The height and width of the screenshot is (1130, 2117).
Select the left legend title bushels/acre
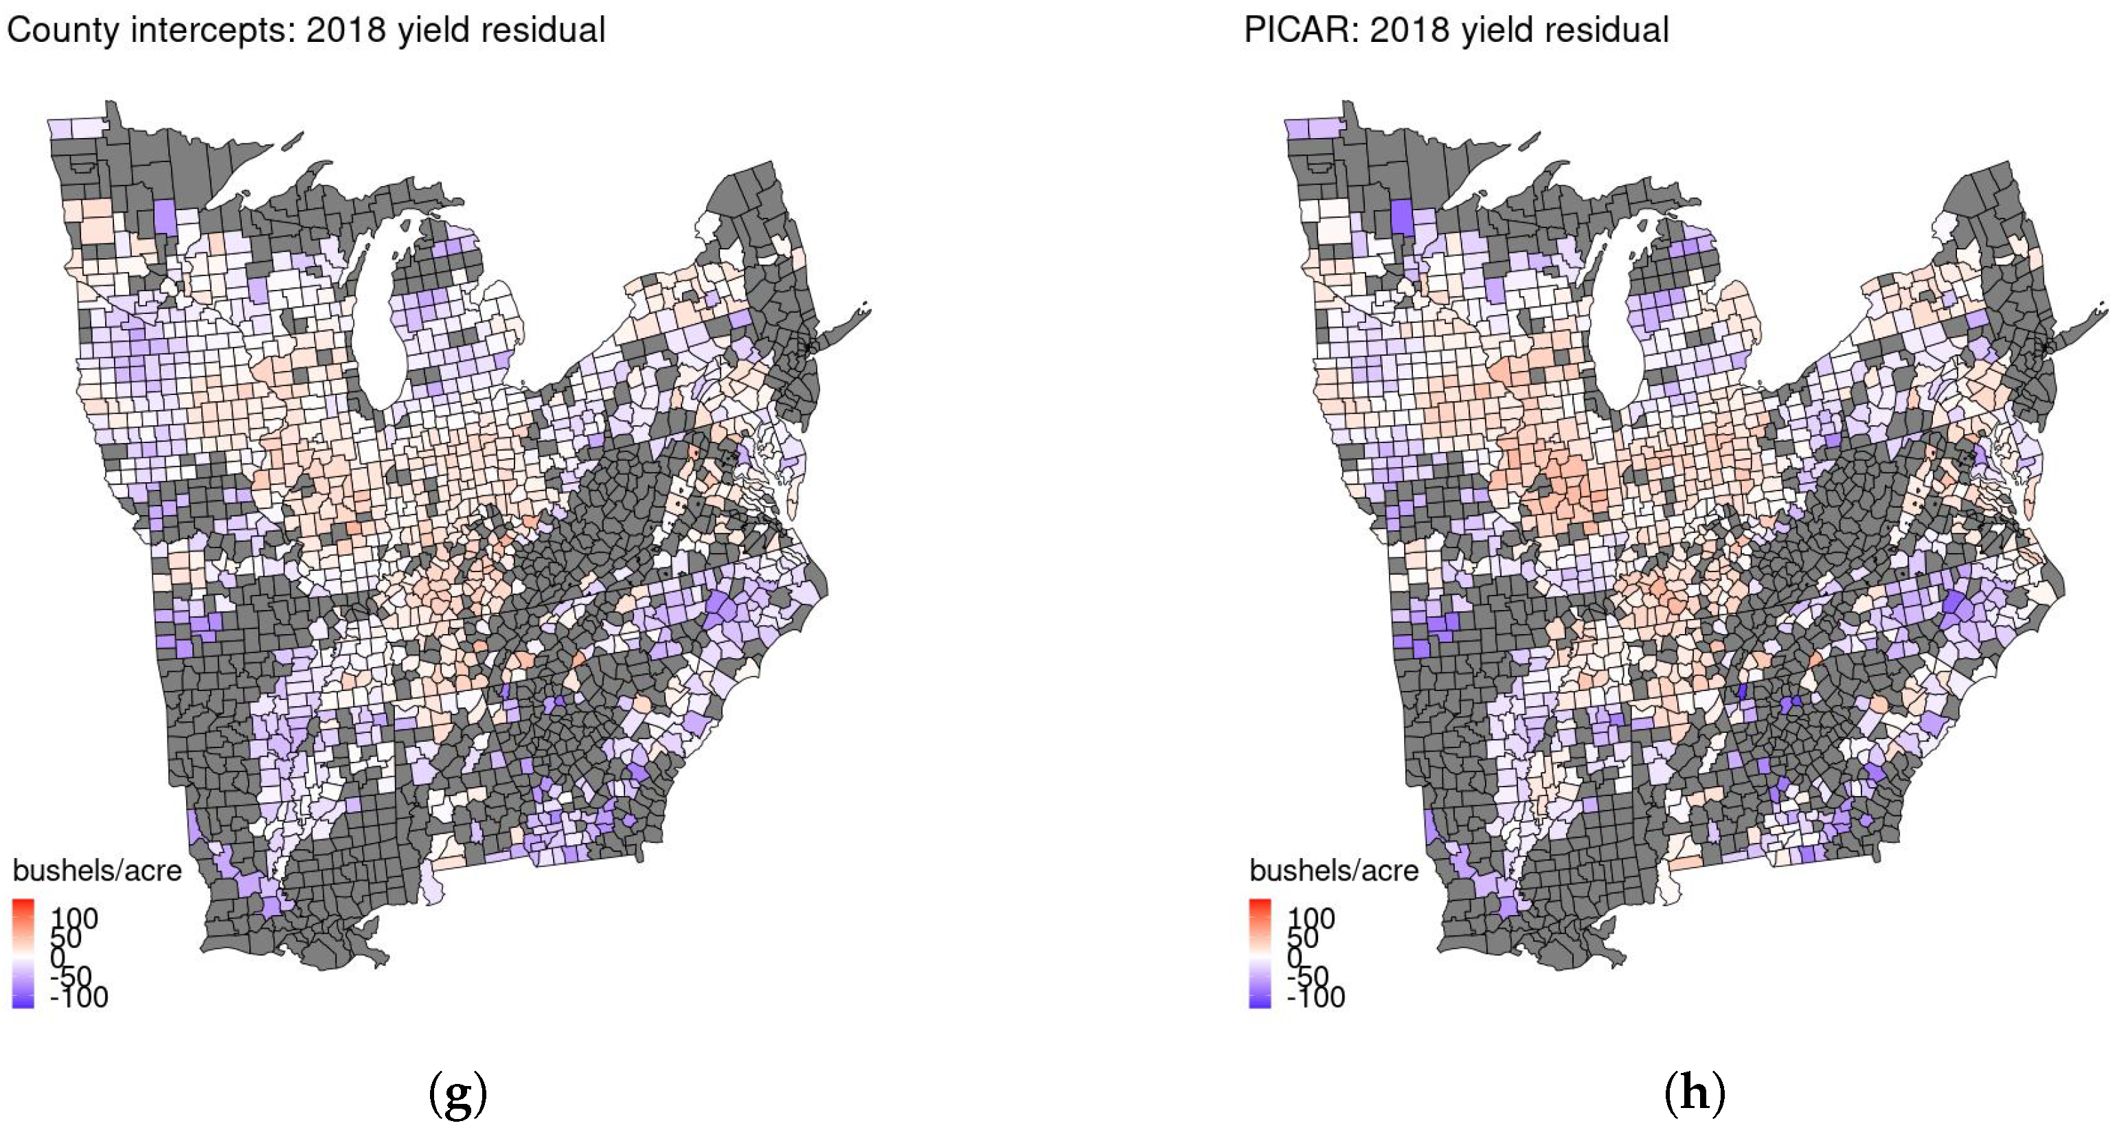[x=97, y=870]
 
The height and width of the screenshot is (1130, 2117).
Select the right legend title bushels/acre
[x=1334, y=870]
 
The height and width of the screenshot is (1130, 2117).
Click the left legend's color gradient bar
[x=23, y=953]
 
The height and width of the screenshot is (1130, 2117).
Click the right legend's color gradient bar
[x=1260, y=953]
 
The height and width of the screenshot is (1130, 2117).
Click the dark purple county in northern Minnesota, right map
[x=1403, y=218]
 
